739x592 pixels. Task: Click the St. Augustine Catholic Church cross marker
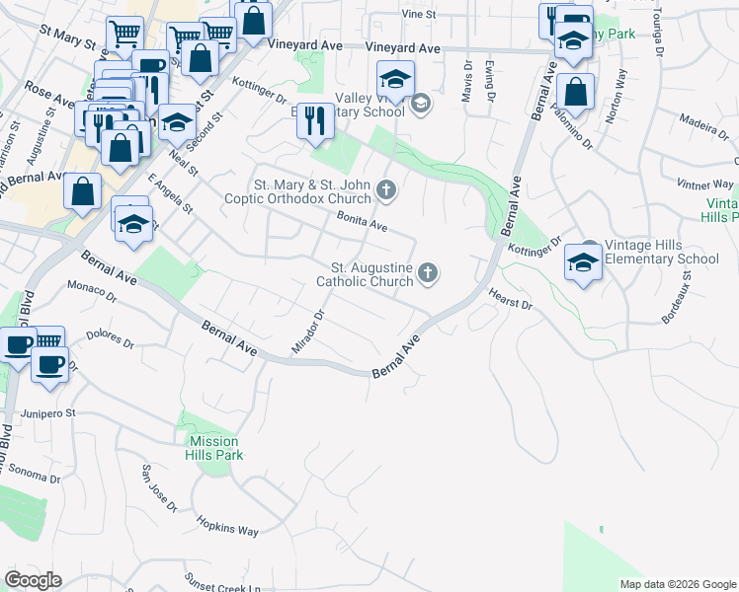pyautogui.click(x=428, y=273)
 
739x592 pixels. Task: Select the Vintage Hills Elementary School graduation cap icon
pyautogui.click(x=583, y=263)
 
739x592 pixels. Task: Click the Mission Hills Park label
pyautogui.click(x=213, y=448)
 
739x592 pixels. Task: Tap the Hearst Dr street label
pyautogui.click(x=510, y=299)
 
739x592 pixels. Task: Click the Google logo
pyautogui.click(x=33, y=580)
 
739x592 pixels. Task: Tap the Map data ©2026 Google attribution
pyautogui.click(x=678, y=583)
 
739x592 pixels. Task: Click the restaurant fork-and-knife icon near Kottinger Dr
pyautogui.click(x=315, y=121)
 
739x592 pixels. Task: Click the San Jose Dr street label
pyautogui.click(x=159, y=488)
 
